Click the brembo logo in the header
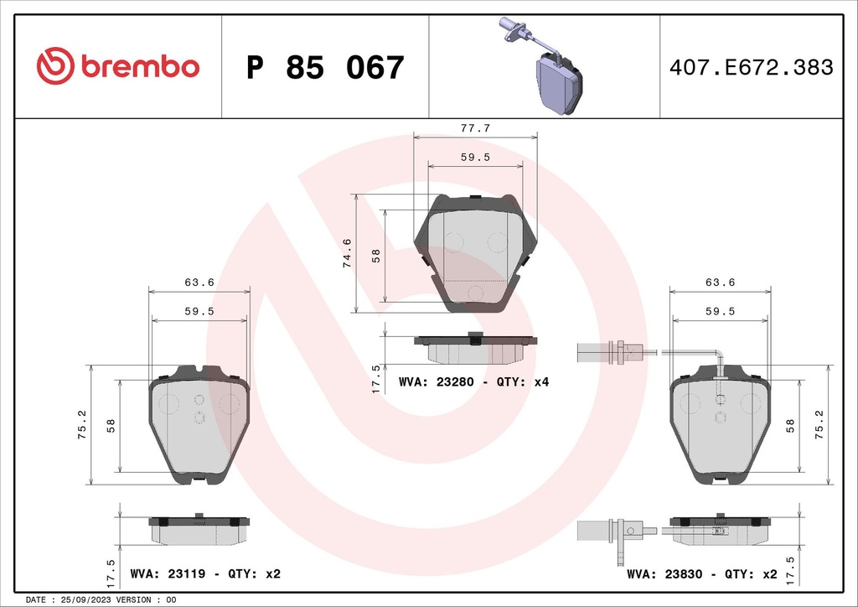coord(118,67)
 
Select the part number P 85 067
coord(325,68)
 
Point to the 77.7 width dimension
coord(475,128)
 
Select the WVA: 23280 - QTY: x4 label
coord(473,381)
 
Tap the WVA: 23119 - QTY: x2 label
coord(205,574)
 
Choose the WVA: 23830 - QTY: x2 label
coord(700,574)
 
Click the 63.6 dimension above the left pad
coord(199,283)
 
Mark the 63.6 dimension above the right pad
coord(720,283)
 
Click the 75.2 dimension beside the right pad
coord(819,424)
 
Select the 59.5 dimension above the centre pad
coord(475,157)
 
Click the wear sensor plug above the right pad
coord(616,352)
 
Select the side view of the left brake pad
coord(199,530)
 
